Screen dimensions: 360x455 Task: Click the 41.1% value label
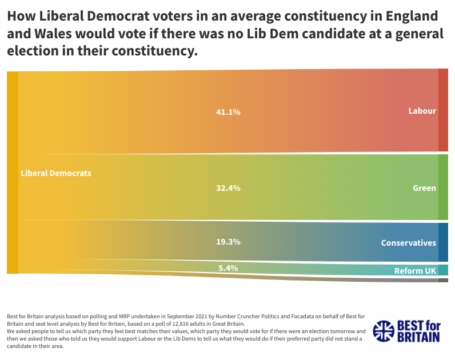tap(228, 112)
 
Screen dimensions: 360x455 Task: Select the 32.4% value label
tap(228, 188)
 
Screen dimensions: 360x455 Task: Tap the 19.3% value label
tap(228, 242)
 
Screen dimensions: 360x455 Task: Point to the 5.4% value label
tap(228, 267)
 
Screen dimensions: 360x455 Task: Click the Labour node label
tap(422, 111)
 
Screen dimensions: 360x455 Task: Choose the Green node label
tap(424, 188)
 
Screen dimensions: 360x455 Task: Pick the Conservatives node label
tap(408, 243)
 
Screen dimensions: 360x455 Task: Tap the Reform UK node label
tap(415, 270)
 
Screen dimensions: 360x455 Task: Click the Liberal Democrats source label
tap(55, 173)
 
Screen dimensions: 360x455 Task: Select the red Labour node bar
tap(443, 110)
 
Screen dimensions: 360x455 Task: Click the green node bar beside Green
tap(443, 187)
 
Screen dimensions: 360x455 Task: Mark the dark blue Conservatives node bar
tap(443, 242)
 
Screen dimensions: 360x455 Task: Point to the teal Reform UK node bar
tap(443, 270)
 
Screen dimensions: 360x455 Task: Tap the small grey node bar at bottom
tap(443, 280)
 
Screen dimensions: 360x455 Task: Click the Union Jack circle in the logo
tap(384, 330)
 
